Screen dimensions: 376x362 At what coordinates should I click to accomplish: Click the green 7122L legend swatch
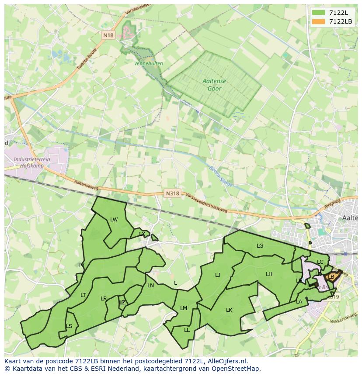[x=319, y=13]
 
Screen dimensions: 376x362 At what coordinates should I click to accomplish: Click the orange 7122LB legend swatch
[x=319, y=21]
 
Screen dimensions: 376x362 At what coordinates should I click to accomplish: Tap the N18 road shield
[x=108, y=35]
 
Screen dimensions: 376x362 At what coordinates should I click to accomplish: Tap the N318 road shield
[x=172, y=193]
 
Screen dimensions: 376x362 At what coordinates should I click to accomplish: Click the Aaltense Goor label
[x=212, y=85]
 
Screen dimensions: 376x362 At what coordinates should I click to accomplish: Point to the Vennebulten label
[x=149, y=63]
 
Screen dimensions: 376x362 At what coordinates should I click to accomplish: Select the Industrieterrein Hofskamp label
[x=31, y=162]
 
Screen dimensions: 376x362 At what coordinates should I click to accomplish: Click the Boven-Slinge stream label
[x=220, y=176]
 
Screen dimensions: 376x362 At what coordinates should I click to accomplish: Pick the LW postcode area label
[x=114, y=220]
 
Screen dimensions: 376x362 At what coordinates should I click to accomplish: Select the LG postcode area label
[x=260, y=246]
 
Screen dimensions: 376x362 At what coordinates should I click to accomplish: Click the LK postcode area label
[x=229, y=310]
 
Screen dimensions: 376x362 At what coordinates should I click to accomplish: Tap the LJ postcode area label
[x=218, y=275]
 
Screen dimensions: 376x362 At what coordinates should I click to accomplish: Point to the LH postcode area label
[x=269, y=274]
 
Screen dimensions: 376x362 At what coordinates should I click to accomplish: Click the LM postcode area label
[x=184, y=308]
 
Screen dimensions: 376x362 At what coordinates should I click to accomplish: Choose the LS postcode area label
[x=69, y=326]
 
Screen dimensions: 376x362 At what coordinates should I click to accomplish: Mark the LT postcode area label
[x=83, y=295]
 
